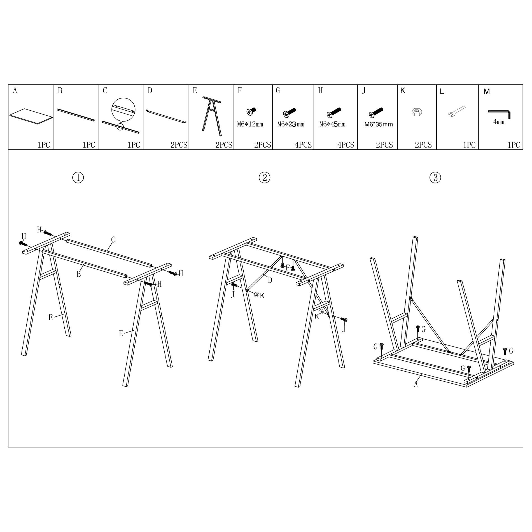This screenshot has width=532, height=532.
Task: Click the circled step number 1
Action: [78, 178]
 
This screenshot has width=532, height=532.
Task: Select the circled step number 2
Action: [264, 178]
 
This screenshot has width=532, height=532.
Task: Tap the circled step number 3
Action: [435, 178]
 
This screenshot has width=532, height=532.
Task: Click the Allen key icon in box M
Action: [500, 114]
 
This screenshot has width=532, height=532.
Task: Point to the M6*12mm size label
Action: [250, 124]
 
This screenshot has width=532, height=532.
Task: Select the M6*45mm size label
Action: [332, 124]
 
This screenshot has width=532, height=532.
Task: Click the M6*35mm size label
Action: [378, 124]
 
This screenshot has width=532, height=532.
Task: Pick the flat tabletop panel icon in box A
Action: [31, 115]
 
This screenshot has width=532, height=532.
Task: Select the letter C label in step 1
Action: [113, 240]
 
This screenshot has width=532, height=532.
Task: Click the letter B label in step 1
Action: [79, 274]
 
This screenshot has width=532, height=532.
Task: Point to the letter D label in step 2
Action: [270, 280]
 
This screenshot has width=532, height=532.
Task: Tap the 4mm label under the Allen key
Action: [499, 122]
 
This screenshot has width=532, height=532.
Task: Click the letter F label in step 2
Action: [287, 267]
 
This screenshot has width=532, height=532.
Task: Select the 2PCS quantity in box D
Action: [179, 145]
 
